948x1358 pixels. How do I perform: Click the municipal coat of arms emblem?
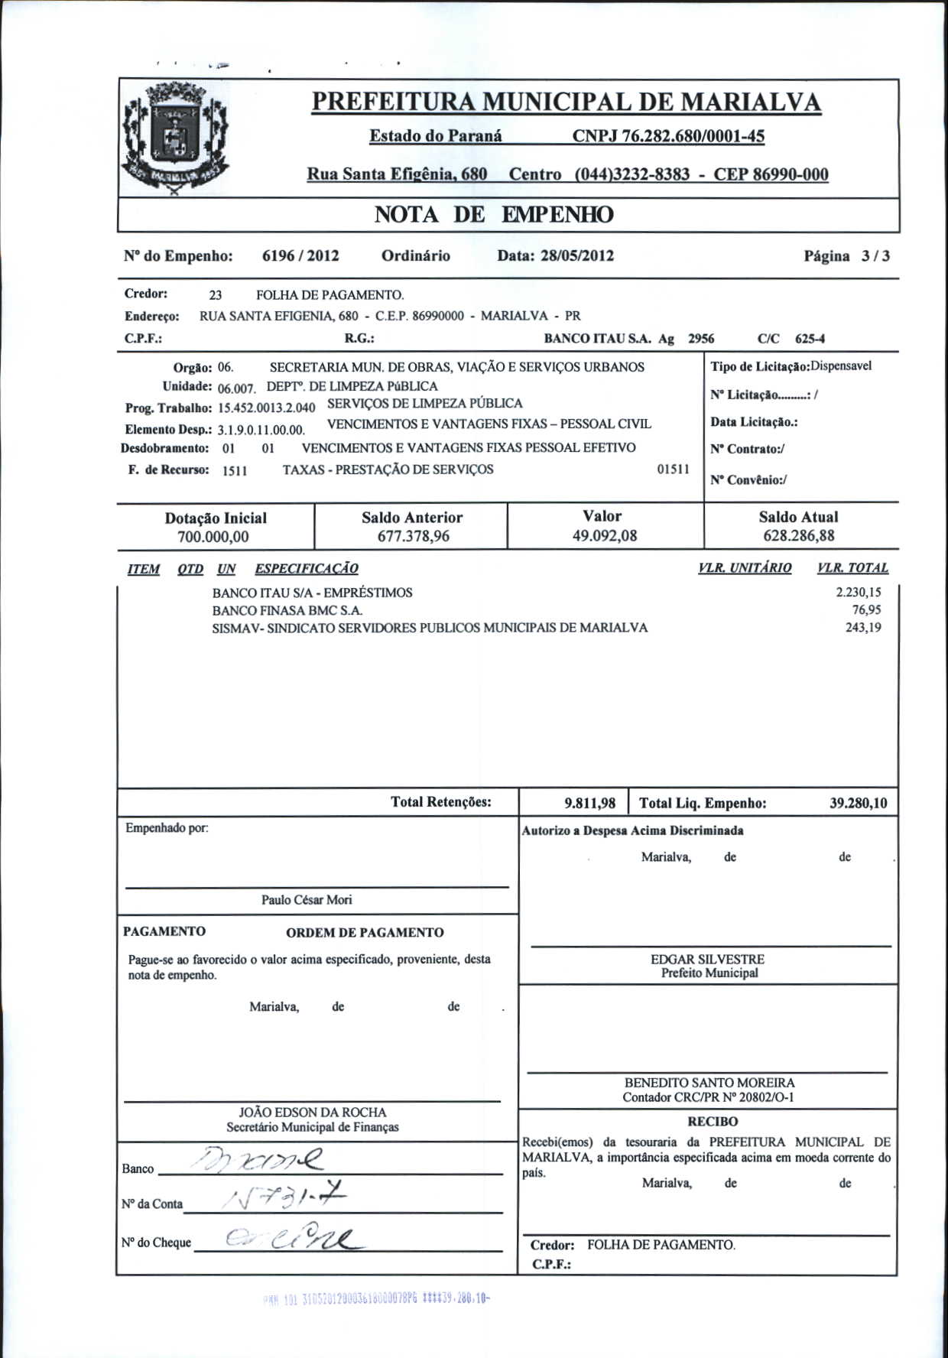(x=177, y=138)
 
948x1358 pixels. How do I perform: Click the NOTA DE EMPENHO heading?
(x=493, y=215)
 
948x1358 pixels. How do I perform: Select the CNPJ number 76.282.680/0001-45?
(x=668, y=136)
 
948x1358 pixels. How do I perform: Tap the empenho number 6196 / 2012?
(x=300, y=255)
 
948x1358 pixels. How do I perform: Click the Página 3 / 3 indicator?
(x=846, y=256)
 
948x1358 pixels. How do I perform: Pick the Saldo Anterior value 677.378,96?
(x=413, y=536)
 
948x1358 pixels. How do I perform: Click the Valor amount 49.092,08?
(x=605, y=535)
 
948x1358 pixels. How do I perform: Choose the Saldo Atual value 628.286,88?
(x=799, y=535)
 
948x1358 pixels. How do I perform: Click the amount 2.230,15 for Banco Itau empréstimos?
(x=859, y=593)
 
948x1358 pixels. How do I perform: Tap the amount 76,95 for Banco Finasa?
(x=866, y=610)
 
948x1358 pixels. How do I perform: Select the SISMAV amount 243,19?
(x=863, y=628)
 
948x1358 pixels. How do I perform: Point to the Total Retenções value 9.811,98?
(x=589, y=803)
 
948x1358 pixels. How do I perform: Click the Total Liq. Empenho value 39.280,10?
(x=859, y=803)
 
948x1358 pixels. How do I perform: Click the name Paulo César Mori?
(x=307, y=900)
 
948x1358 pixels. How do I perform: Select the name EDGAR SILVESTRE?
(x=707, y=959)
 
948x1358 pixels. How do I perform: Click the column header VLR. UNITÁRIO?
(x=745, y=568)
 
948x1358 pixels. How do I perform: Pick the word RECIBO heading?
(x=713, y=1122)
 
